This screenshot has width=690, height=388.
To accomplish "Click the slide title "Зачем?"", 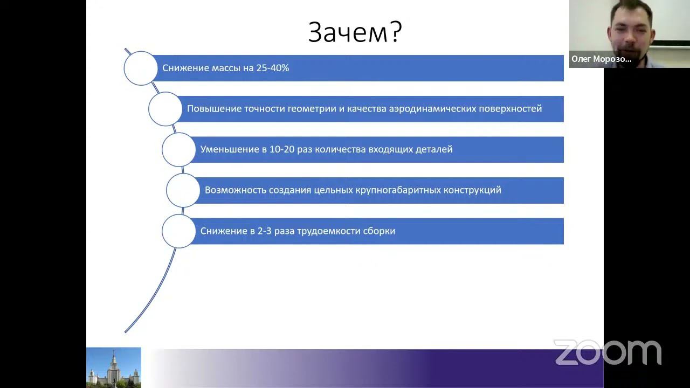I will coord(355,33).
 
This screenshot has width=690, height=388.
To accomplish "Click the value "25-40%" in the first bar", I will coord(273,68).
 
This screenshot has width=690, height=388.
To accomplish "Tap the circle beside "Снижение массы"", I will coord(140,68).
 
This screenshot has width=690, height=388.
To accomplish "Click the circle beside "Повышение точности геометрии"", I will coord(165,109).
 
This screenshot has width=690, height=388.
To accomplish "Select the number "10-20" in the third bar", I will coord(281,149).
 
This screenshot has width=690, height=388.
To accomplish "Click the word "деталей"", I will coord(434,149).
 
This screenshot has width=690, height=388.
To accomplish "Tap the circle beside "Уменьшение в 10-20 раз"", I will coord(178,149).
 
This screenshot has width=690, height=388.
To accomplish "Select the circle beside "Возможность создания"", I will coord(183,190).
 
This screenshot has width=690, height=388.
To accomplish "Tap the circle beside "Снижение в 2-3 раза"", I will coord(178,231).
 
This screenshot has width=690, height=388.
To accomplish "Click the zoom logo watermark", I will coord(608,352).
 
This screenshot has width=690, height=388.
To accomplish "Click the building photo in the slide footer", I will coord(114,368).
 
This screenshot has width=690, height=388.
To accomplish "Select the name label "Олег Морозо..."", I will coord(601,59).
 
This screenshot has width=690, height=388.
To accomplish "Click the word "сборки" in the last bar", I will coord(379,231).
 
